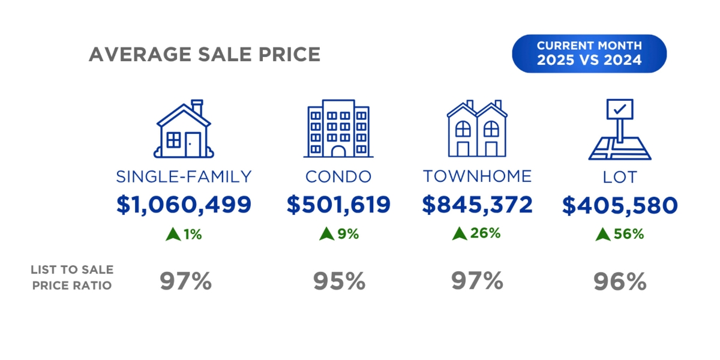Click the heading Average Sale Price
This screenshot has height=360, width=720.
coord(204,54)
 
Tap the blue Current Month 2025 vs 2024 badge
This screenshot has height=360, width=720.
coord(589,53)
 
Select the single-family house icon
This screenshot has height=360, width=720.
coord(184,130)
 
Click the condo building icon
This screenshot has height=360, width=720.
coord(338,130)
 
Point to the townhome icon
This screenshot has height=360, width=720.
coord(476,129)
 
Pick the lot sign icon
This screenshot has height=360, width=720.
coord(619,130)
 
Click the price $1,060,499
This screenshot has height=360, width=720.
coord(184,205)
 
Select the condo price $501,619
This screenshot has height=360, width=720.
coord(338,205)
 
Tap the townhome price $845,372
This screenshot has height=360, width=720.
coord(477,205)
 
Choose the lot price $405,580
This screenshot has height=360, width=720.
coord(620,206)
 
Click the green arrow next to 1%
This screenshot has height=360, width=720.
coord(173,235)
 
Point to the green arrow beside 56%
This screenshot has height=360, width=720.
coord(602,235)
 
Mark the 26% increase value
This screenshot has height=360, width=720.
coord(485,233)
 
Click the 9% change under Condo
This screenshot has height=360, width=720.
coord(347,234)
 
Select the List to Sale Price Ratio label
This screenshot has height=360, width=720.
coord(72,278)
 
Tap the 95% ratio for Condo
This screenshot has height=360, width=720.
coord(339,281)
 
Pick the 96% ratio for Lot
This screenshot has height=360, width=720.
coord(620,281)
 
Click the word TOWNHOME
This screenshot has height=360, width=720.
coord(477,176)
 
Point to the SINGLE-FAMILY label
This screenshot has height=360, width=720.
coord(184,176)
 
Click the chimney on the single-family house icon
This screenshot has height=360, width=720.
coord(197,106)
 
